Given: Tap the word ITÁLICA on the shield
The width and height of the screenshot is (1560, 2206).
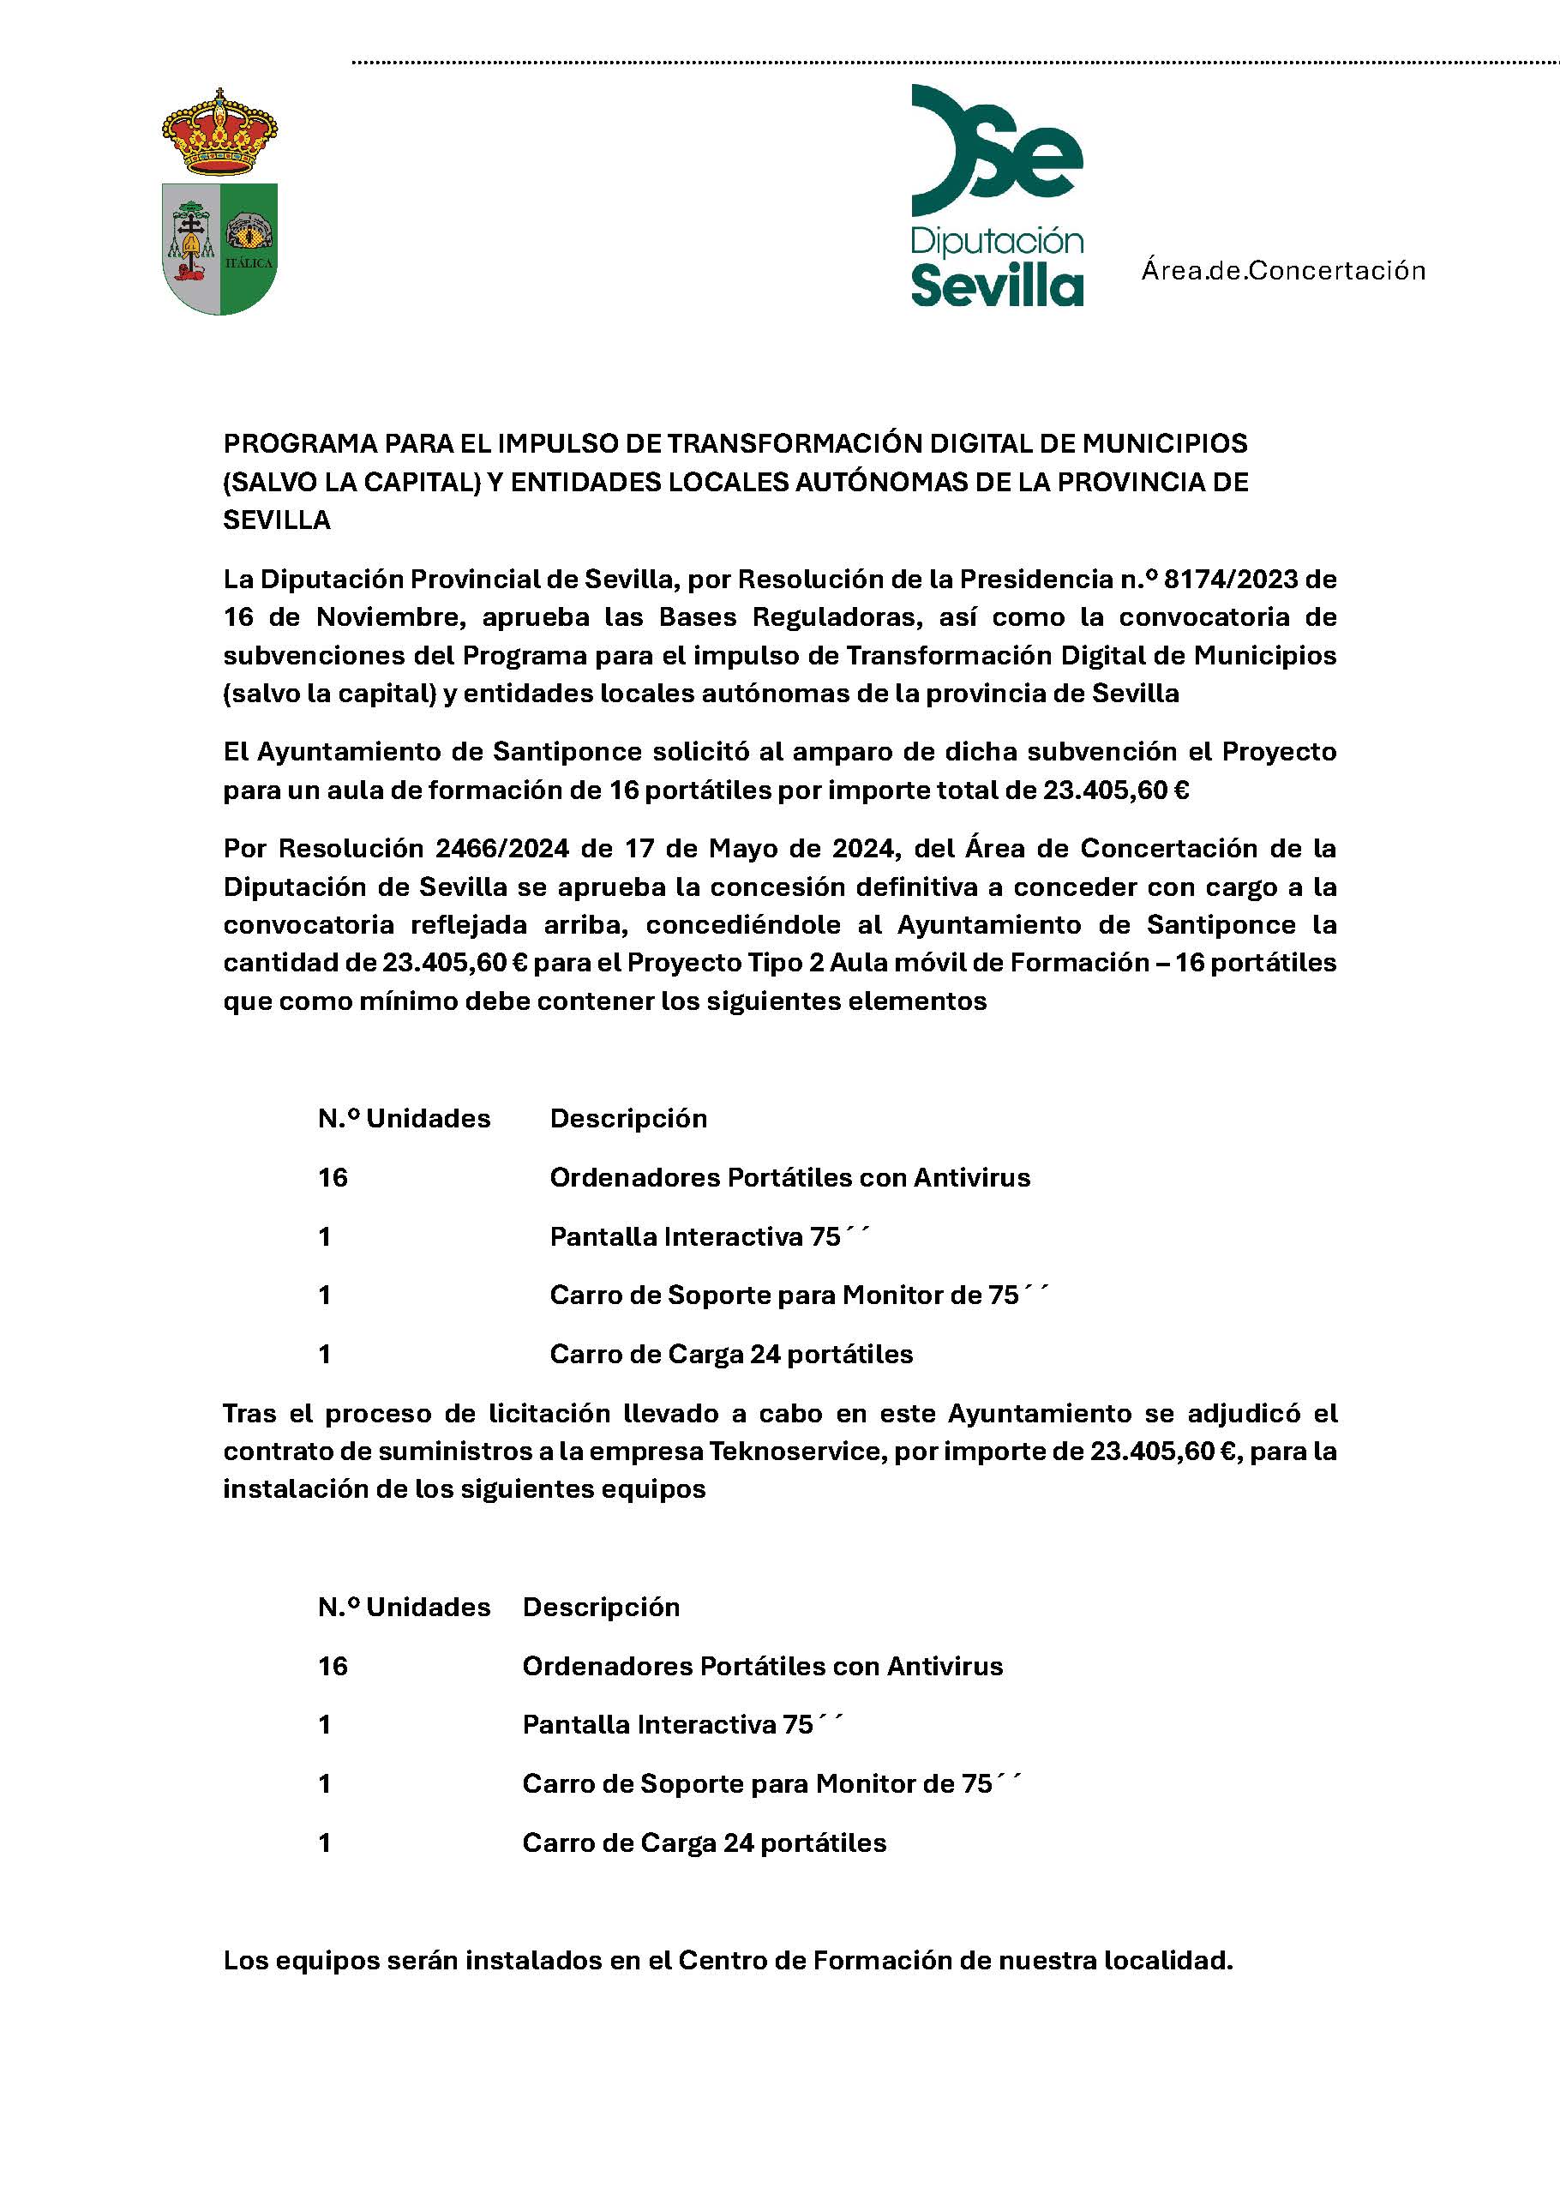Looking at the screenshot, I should tap(249, 262).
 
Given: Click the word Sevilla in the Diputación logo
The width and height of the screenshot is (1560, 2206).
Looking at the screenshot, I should tap(996, 286).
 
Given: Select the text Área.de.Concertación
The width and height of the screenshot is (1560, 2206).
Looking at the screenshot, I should tap(1282, 271).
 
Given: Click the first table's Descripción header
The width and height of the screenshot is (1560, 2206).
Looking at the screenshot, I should tap(628, 1118).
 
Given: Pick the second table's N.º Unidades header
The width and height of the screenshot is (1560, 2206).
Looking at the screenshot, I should tap(405, 1608).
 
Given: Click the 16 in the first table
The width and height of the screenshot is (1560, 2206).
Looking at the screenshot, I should tap(333, 1178).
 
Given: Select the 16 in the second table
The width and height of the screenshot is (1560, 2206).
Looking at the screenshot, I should tap(333, 1666).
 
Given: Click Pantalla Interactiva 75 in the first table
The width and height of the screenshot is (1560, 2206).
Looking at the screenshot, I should tap(695, 1236).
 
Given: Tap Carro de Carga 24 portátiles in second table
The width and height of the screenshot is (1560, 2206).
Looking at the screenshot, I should tap(704, 1842).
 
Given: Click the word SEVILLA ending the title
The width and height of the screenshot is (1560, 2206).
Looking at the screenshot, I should tap(277, 520).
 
